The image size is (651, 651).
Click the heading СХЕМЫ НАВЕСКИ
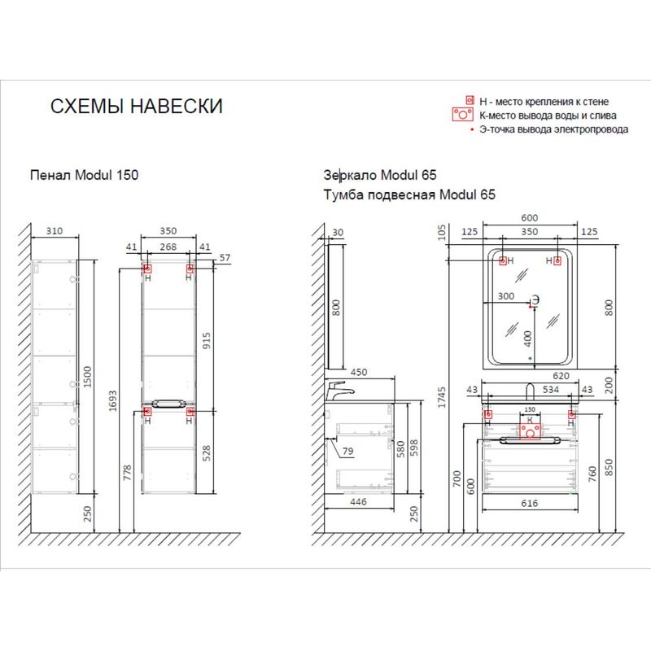(136, 107)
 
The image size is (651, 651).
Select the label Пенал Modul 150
(78, 174)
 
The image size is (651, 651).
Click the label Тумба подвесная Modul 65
(409, 195)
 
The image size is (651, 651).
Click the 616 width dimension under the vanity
(529, 504)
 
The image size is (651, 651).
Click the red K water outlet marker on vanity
(531, 428)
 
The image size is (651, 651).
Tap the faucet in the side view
(338, 391)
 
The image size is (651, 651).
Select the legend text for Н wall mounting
(544, 102)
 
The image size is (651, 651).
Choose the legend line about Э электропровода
(553, 129)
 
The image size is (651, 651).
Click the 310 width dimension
(54, 231)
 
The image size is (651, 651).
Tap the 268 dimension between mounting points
(168, 247)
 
